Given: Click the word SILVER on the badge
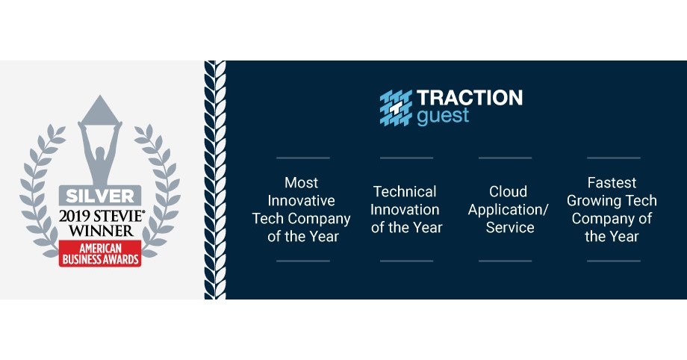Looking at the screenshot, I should coord(99,196).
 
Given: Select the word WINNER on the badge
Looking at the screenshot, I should coord(99,231).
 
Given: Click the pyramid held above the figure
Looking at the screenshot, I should coord(99,111).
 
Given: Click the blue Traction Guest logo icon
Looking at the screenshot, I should coord(396,106).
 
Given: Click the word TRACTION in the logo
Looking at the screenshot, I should coord(469,98).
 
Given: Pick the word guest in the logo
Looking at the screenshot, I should coord(443,117).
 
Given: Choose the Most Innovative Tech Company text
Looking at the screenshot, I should coord(302,209).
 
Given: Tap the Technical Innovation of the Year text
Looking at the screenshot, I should coord(406,209).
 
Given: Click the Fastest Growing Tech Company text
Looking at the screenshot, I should coord(612,209).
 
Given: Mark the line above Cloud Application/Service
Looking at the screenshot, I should coord(505,158).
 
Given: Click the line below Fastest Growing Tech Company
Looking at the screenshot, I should coord(613,261).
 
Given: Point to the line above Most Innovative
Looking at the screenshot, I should coord(302,158).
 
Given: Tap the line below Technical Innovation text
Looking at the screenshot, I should coord(406,261).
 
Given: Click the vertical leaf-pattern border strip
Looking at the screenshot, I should coord(215,179).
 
